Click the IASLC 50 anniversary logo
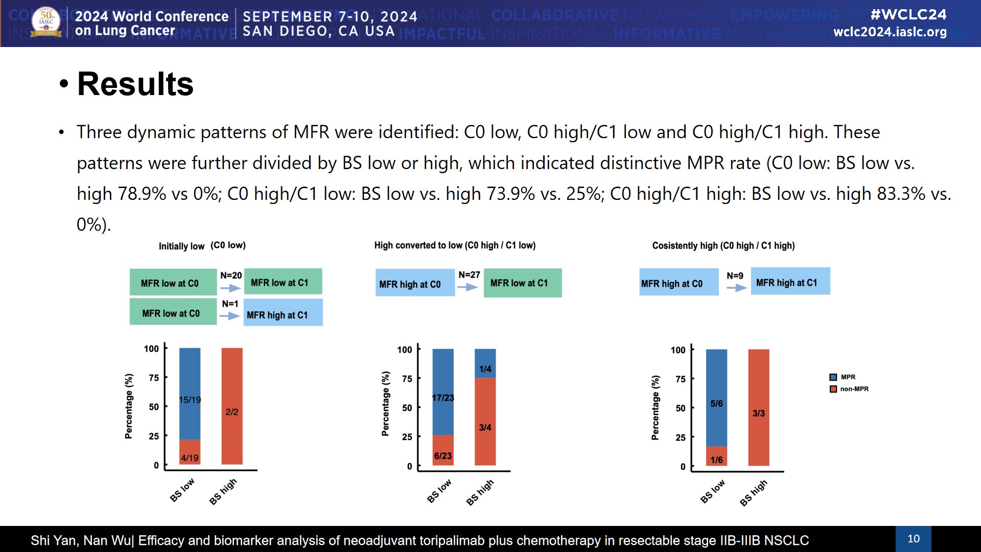pos(46,22)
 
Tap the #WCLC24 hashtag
pos(908,14)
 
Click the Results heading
pos(135,84)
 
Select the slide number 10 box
pos(913,539)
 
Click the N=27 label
pos(469,275)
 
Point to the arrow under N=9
pos(736,288)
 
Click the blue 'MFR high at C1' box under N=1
pos(283,313)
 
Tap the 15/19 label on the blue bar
pos(190,400)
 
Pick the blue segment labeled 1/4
pos(485,364)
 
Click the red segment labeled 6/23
pos(443,451)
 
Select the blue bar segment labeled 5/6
pos(716,399)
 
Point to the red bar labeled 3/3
pos(759,408)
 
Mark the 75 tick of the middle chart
pos(407,379)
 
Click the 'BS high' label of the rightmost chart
pos(754,492)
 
